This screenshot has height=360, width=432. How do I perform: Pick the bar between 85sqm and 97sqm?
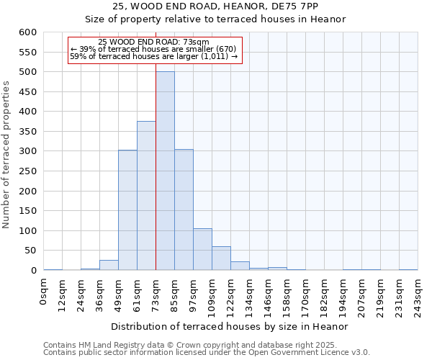(x=184, y=210)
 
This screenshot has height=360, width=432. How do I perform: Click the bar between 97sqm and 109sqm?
(x=202, y=249)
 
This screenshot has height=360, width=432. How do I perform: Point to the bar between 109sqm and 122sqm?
(x=221, y=258)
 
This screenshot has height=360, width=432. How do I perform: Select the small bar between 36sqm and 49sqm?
(x=109, y=265)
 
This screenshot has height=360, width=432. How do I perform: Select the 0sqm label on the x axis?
(x=44, y=292)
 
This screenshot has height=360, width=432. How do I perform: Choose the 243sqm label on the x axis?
(x=418, y=296)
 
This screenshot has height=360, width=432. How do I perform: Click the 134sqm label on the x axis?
(x=250, y=296)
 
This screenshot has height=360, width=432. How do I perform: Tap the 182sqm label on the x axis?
(x=325, y=296)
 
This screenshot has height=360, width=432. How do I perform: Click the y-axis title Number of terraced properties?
(x=6, y=154)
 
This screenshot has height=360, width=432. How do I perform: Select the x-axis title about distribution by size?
(x=230, y=326)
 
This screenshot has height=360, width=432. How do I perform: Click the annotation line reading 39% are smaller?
(x=153, y=49)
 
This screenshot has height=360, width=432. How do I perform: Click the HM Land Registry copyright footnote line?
(x=205, y=345)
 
